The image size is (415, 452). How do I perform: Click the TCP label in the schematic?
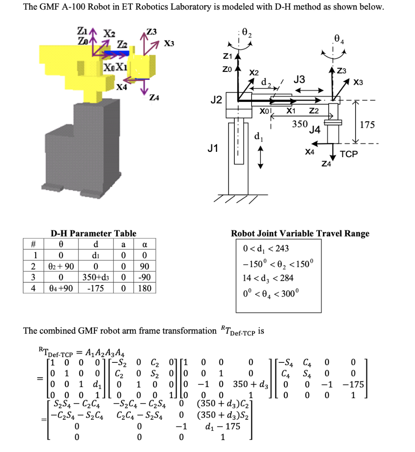[x=349, y=154]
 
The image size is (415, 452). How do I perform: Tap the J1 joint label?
[x=212, y=149]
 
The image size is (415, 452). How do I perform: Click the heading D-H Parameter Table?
[x=93, y=234]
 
